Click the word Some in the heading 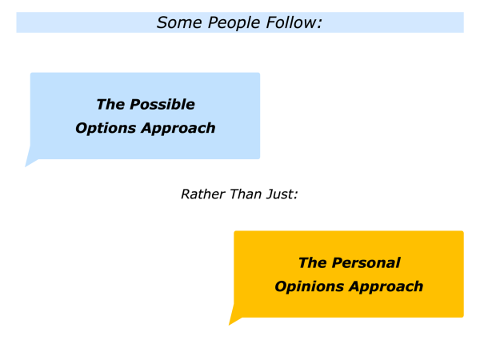point(179,22)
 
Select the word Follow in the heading point(290,22)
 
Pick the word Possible point(162,104)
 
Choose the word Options point(106,129)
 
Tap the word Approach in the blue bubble point(178,129)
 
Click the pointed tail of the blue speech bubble point(26,166)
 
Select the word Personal point(366,263)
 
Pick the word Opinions point(309,287)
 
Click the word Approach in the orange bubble point(386,287)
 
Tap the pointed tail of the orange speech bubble point(230,324)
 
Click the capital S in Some point(162,22)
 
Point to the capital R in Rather point(186,194)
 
